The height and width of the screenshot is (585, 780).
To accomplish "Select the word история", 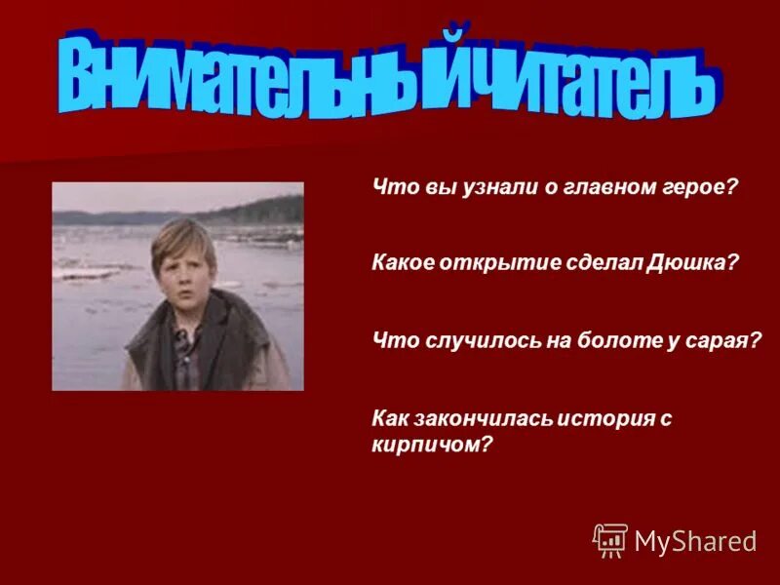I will point(607,418).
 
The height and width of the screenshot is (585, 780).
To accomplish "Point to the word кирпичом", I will point(428,444).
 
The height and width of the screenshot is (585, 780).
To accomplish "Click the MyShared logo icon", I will point(610,540).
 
